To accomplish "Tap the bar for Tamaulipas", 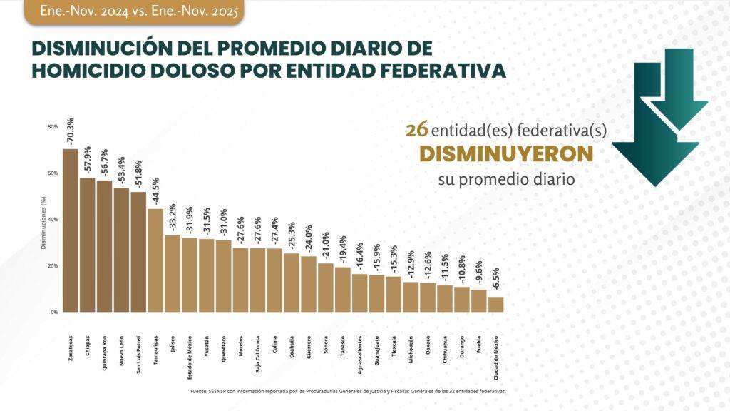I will (155, 260).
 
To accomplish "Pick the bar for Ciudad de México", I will (495, 304).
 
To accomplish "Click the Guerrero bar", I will (309, 284).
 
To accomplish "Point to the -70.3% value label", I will (70, 131).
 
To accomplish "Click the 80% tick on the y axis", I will (53, 126).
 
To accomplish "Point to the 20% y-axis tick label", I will (53, 265).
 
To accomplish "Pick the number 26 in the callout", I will (416, 130).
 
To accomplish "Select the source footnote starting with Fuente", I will (349, 391).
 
